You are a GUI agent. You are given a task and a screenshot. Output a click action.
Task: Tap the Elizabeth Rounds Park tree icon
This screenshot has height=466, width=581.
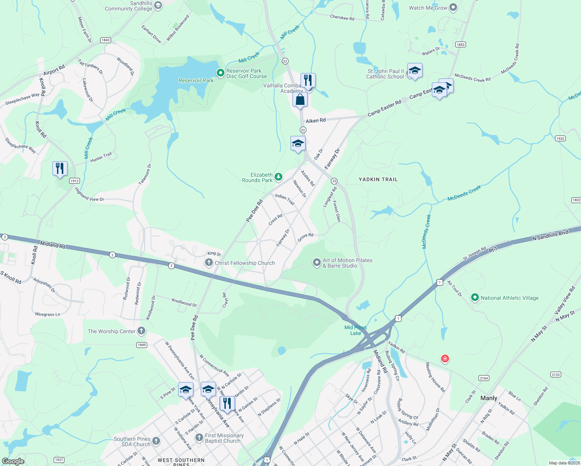tap(278, 177)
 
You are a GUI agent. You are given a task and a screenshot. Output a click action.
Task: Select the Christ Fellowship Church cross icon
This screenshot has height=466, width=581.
tap(209, 263)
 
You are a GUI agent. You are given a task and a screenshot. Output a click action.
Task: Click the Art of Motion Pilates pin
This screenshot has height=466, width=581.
tap(317, 263)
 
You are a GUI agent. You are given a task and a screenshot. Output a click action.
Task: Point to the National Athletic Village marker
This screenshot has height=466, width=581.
tap(475, 298)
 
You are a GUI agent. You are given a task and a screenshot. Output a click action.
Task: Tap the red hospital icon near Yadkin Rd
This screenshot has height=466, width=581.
tap(445, 358)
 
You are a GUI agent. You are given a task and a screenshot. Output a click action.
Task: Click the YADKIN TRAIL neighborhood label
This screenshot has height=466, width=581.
tap(378, 179)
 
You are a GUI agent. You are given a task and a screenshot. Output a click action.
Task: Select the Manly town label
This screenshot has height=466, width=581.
tap(489, 398)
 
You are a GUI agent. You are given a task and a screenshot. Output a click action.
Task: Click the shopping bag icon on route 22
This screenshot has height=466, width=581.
tap(300, 100)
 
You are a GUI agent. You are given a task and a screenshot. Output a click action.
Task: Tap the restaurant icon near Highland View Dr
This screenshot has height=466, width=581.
tap(60, 169)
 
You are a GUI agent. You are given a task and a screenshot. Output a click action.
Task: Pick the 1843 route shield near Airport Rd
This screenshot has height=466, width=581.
tap(105, 40)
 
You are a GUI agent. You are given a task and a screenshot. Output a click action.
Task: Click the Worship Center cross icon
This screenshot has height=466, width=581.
tap(141, 331)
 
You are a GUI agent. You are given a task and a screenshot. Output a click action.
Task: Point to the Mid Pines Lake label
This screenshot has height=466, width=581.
tap(355, 330)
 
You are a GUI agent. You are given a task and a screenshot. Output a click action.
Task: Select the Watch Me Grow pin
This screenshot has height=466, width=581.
tap(453, 7)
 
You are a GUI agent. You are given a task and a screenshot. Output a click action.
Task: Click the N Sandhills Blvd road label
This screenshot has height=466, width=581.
tap(550, 235)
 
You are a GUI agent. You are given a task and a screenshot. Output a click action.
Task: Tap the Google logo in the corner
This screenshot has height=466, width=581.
tap(13, 461)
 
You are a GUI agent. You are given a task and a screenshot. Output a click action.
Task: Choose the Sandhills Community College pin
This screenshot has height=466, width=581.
tap(158, 5)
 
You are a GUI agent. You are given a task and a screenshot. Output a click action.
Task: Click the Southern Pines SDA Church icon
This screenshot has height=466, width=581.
tap(156, 441)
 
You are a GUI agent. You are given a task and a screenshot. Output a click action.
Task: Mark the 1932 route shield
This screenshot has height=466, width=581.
tap(560, 139)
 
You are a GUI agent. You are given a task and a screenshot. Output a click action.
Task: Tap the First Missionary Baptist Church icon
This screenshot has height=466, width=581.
tap(199, 438)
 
